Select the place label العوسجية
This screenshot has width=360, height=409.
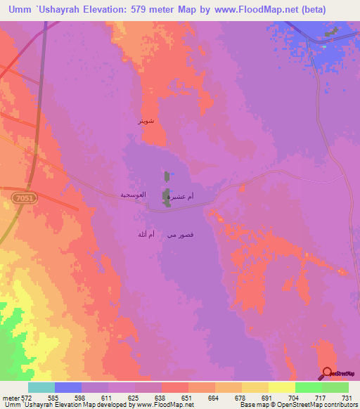tap(133, 194)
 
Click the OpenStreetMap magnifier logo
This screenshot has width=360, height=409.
tap(328, 373)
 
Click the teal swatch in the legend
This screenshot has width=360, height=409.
tap(41, 387)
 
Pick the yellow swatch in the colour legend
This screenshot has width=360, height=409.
tap(281, 387)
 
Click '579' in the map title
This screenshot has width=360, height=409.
tap(157, 10)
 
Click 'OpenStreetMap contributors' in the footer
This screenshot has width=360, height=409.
tap(316, 405)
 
